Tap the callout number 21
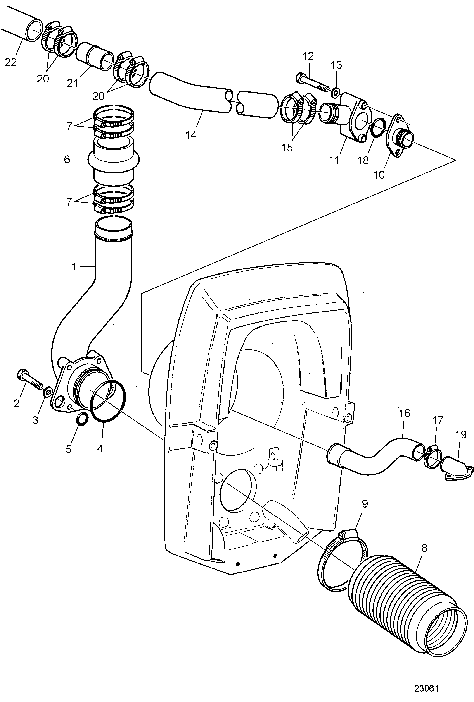point(73,83)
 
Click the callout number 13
point(336,65)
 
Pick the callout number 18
point(363,160)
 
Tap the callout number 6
point(67,160)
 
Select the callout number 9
point(365,504)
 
